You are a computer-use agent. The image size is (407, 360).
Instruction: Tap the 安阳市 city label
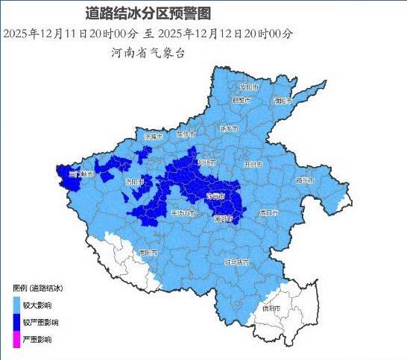pyautogui.click(x=248, y=87)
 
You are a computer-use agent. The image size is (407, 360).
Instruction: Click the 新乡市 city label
pyautogui.click(x=228, y=128)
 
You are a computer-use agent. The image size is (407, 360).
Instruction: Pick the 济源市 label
pyautogui.click(x=153, y=137)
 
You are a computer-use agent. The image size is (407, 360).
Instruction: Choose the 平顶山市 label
pyautogui.click(x=183, y=213)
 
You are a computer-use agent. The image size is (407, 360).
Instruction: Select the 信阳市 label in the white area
pyautogui.click(x=271, y=308)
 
